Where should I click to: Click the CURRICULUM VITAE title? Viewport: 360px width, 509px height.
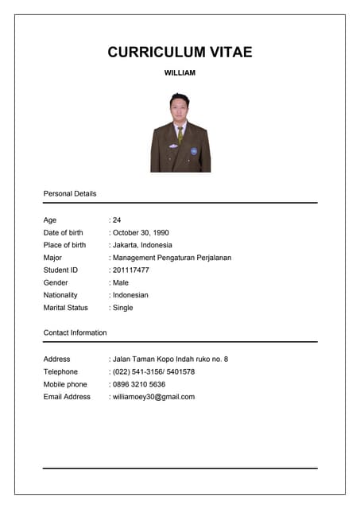(x=180, y=52)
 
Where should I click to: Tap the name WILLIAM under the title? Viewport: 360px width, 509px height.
(x=180, y=73)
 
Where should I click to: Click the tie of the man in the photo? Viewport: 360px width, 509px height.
(x=180, y=135)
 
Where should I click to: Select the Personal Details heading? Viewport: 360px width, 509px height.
(x=70, y=193)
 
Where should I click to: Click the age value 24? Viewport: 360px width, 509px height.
(x=116, y=220)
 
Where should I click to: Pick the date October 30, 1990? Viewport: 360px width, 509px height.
(x=144, y=232)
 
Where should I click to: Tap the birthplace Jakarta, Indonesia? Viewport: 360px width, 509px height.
(x=141, y=245)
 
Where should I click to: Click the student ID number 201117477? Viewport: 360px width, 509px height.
(x=130, y=270)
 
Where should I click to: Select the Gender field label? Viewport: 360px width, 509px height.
(x=56, y=282)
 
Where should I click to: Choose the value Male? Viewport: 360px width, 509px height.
(x=120, y=282)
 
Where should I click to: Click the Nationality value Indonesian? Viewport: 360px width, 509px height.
(x=130, y=295)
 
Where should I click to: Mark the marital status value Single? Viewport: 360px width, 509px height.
(x=122, y=307)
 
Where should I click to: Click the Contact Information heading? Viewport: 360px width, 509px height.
(x=75, y=332)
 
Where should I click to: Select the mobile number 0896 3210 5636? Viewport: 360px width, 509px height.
(x=139, y=384)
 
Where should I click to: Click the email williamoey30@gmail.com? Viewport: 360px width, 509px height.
(x=153, y=396)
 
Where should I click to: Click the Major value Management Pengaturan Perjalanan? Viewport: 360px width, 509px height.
(x=172, y=258)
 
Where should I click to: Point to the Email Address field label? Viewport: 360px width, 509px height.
(x=67, y=396)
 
